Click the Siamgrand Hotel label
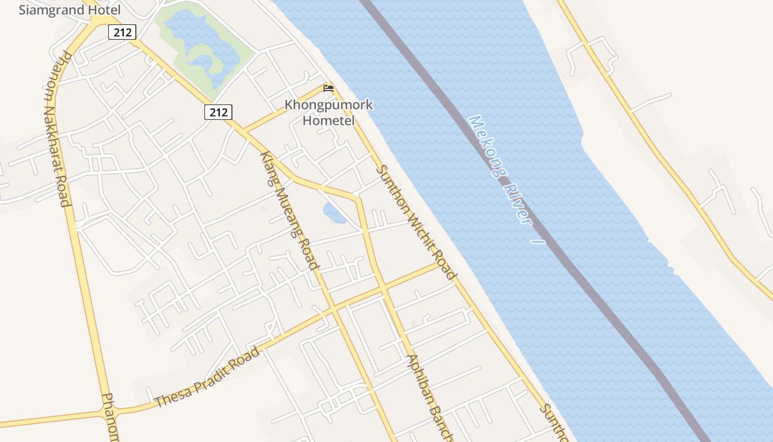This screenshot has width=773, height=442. [x=70, y=10]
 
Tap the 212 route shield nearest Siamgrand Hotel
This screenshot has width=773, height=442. [x=122, y=33]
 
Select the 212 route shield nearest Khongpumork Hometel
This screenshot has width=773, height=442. [x=218, y=112]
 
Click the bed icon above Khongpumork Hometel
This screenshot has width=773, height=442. [x=329, y=88]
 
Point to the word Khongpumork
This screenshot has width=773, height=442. [x=329, y=105]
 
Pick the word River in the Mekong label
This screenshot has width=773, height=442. [x=518, y=203]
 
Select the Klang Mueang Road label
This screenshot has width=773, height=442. [x=290, y=210]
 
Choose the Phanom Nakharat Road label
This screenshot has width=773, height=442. [x=57, y=128]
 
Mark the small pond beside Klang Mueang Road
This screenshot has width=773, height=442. [x=333, y=212]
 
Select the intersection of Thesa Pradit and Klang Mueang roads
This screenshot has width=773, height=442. [x=333, y=311]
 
